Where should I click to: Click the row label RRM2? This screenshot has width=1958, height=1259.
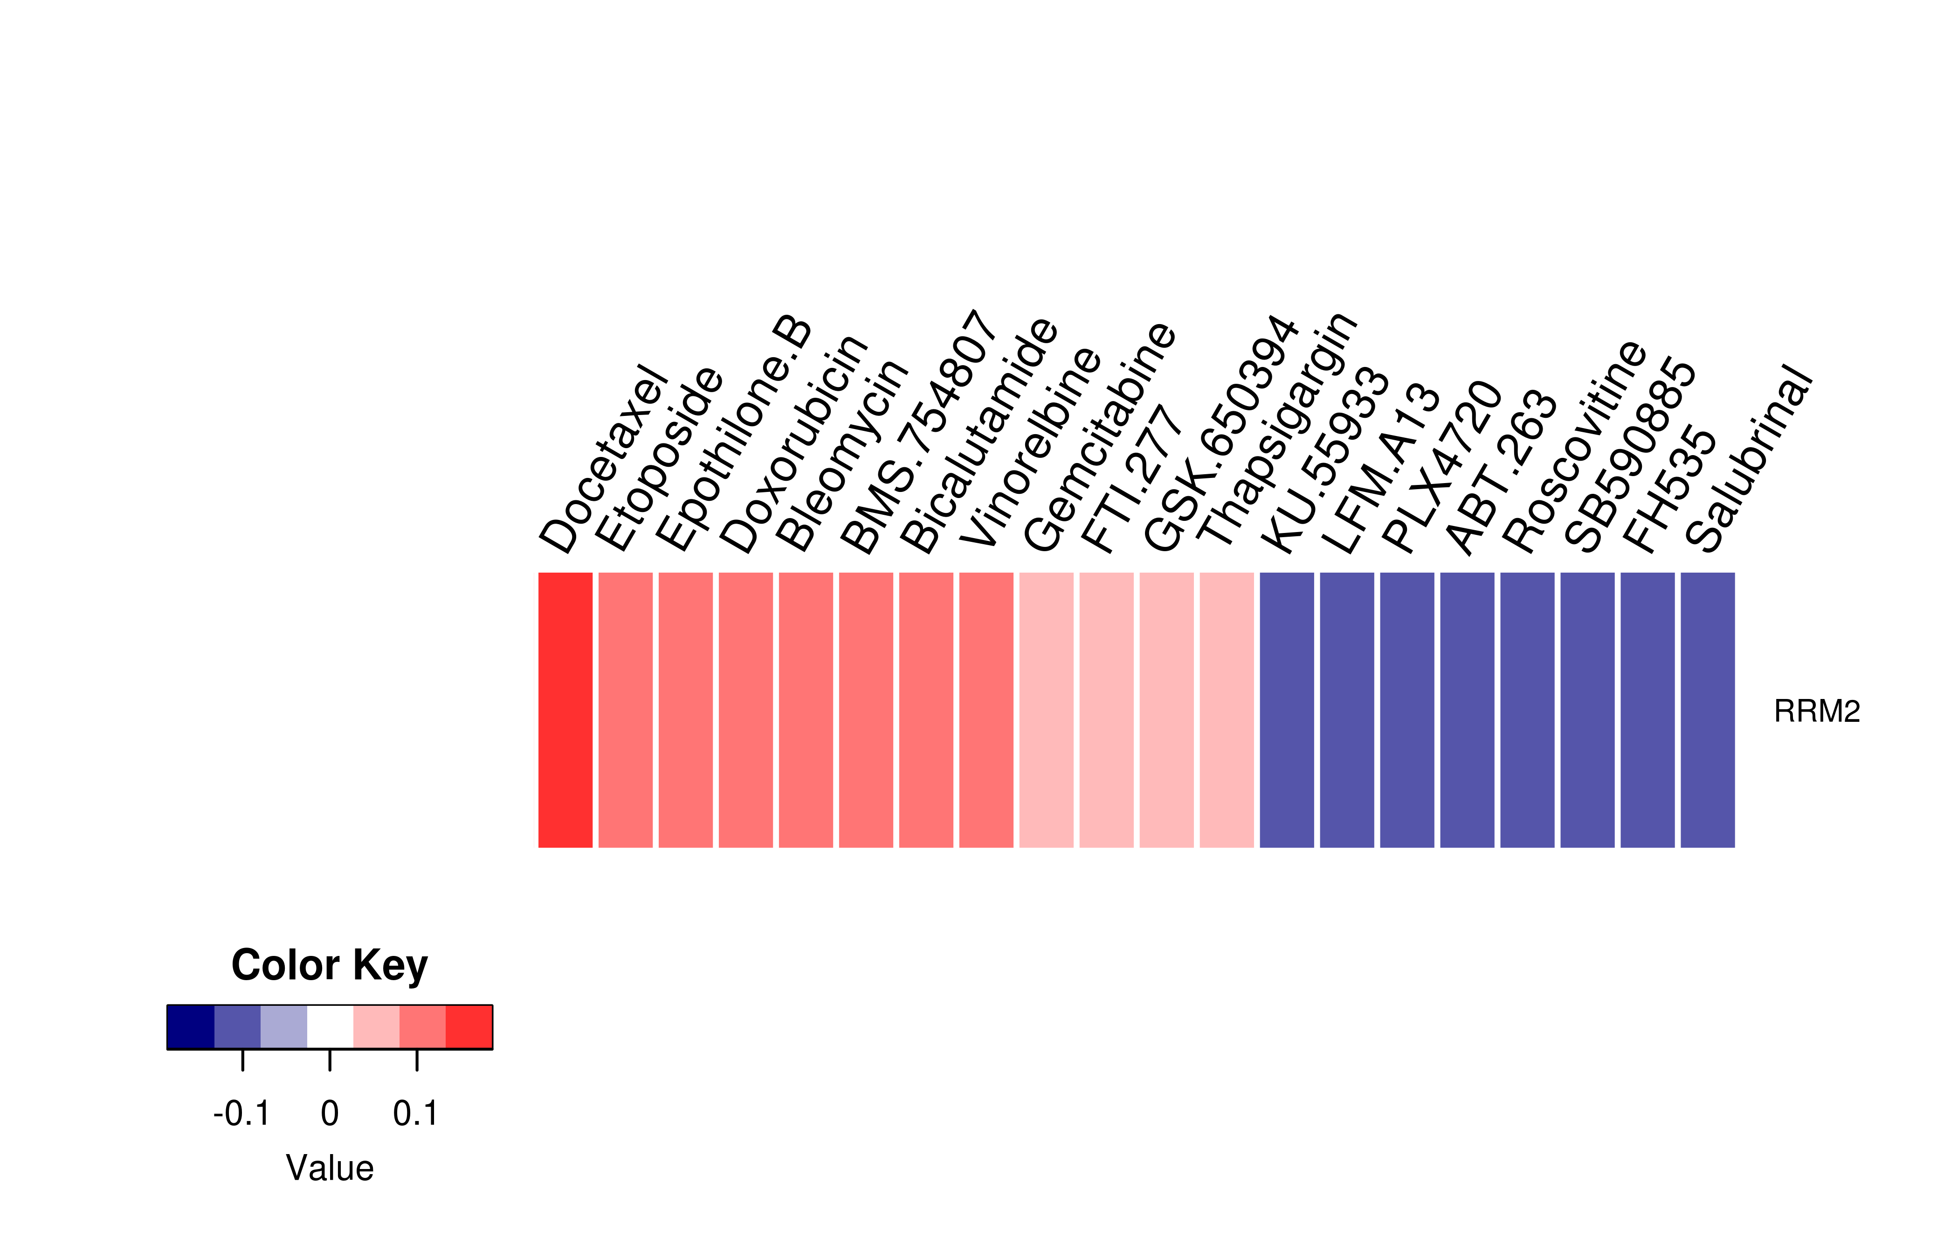tap(1817, 711)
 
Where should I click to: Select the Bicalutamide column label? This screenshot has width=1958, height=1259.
tap(979, 435)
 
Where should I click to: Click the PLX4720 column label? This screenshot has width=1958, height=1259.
tap(1441, 467)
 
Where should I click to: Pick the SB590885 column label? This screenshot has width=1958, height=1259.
tap(1630, 455)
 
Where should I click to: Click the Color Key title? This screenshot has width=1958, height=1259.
tap(329, 966)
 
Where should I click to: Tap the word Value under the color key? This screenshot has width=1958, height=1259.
tap(329, 1168)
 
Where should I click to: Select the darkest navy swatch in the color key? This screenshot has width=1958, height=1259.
tap(190, 1027)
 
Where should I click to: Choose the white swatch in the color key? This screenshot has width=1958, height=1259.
tap(330, 1027)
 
